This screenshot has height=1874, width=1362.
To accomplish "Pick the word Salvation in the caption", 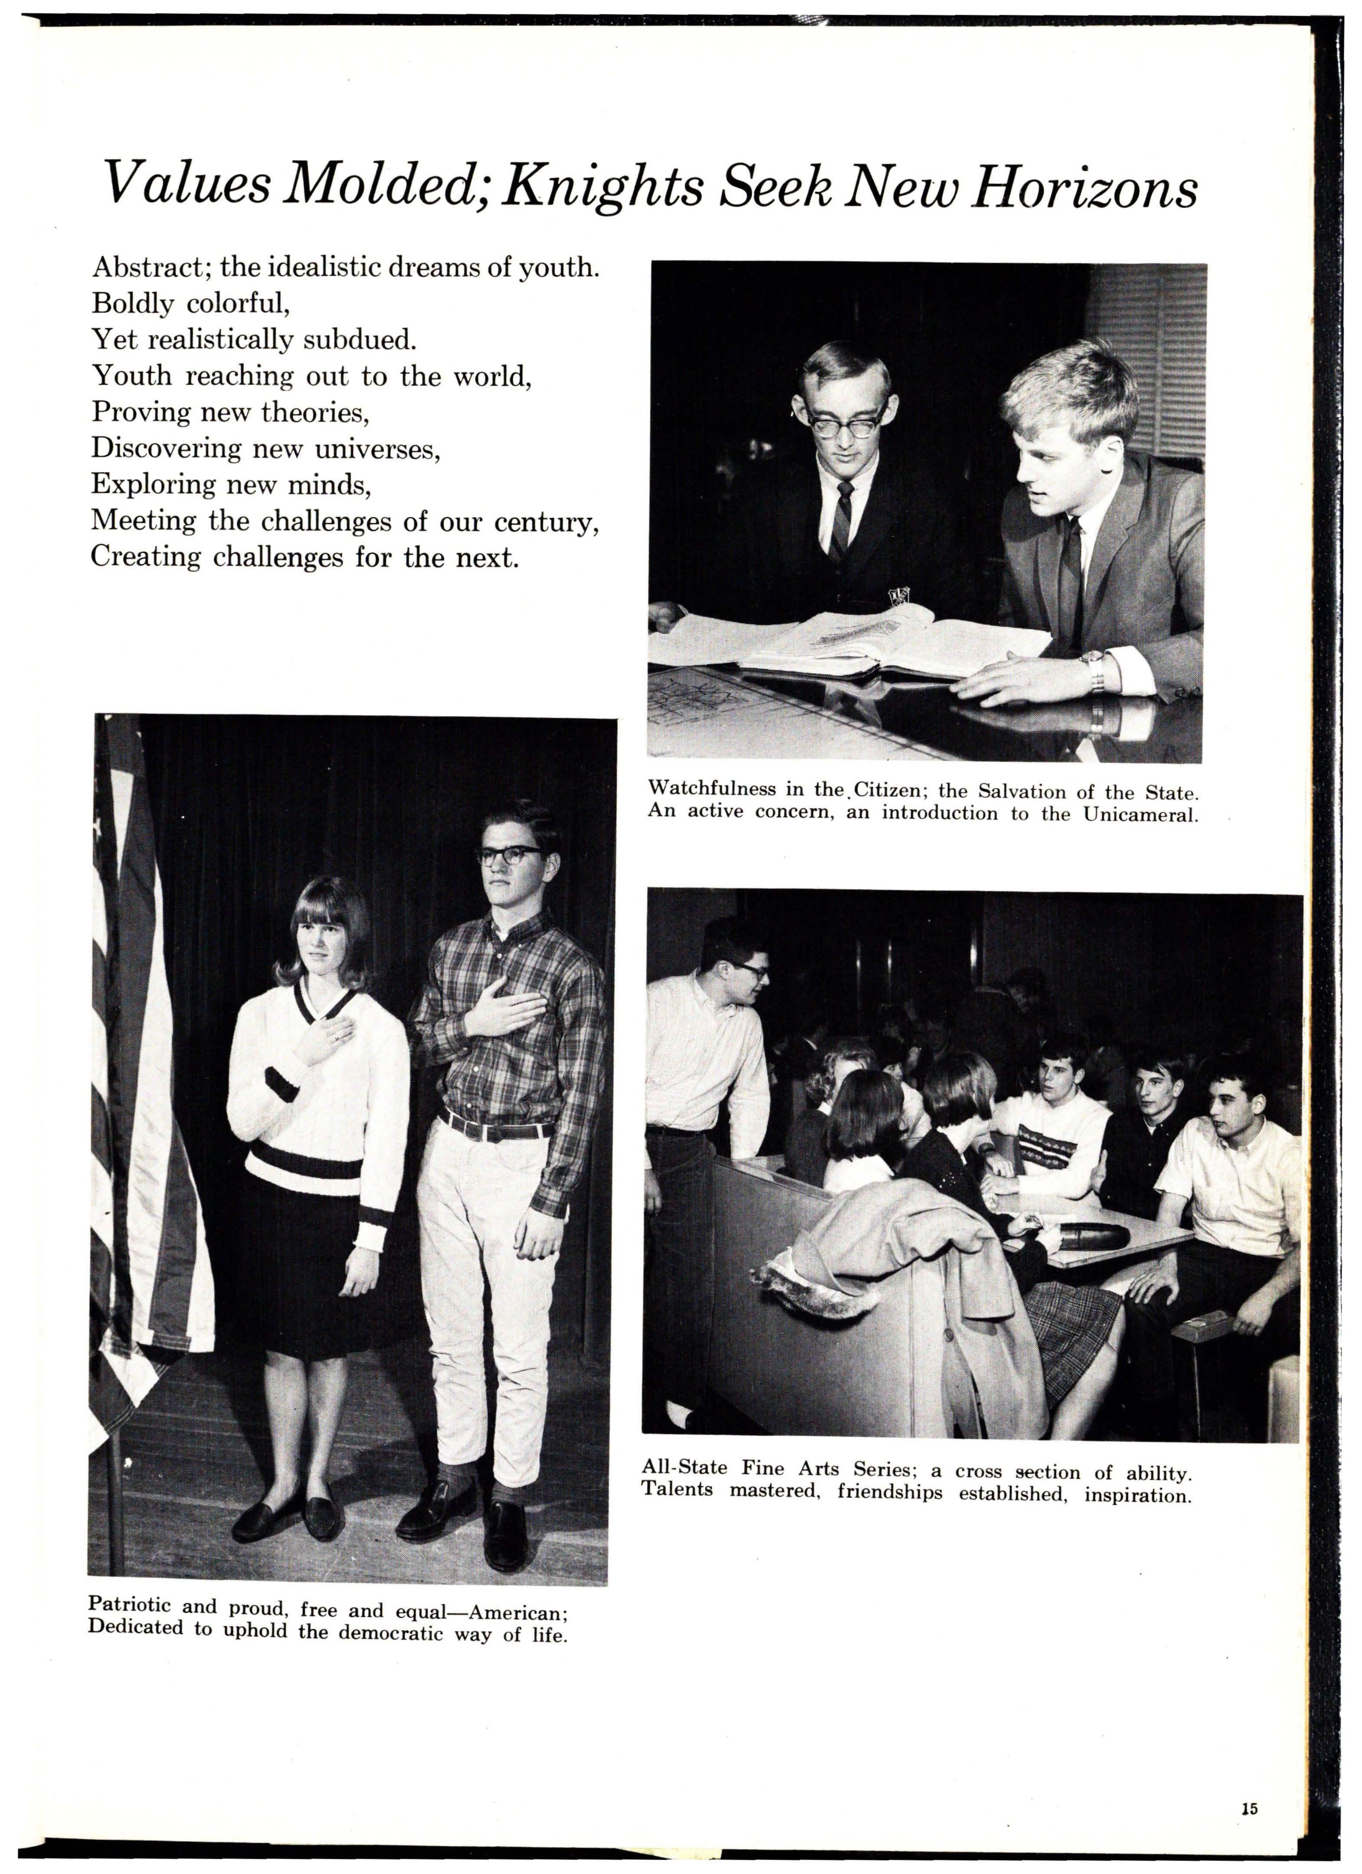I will click(1025, 791).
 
